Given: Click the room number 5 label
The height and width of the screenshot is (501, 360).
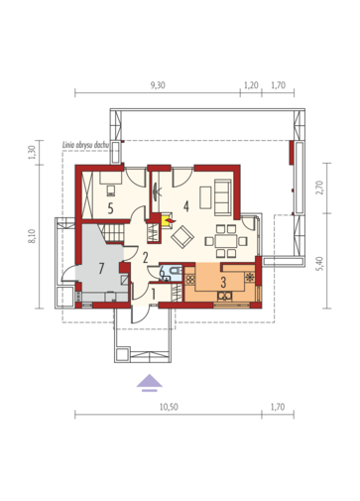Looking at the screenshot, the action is (111, 208).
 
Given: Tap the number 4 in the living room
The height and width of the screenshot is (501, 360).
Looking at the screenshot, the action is (186, 206).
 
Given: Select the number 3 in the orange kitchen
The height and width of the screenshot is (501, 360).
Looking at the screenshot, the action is (223, 283).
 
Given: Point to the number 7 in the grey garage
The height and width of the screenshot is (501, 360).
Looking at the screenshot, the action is (101, 269).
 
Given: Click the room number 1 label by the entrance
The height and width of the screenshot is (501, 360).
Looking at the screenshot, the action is (154, 294).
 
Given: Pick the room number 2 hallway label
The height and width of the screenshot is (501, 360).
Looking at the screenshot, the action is (145, 257).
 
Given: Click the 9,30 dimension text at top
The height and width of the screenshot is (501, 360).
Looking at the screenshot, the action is (158, 85).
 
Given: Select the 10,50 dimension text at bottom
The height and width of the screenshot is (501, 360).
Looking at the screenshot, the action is (169, 407).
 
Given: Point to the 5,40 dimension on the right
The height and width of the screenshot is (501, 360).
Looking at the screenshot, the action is (319, 264).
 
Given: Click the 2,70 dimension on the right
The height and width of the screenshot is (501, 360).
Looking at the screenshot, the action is (319, 188).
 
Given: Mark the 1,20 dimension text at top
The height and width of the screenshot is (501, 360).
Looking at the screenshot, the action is (251, 85).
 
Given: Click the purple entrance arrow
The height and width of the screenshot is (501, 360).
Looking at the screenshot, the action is (150, 382).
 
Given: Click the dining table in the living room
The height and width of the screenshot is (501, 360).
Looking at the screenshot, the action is (226, 241).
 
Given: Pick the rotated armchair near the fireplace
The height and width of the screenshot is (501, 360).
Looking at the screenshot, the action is (182, 237).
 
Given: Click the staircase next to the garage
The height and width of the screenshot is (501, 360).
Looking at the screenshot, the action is (112, 233).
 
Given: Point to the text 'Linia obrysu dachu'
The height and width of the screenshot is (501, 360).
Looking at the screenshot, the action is (86, 145).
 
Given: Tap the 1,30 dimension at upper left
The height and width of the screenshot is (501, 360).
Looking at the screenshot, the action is (32, 153).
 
